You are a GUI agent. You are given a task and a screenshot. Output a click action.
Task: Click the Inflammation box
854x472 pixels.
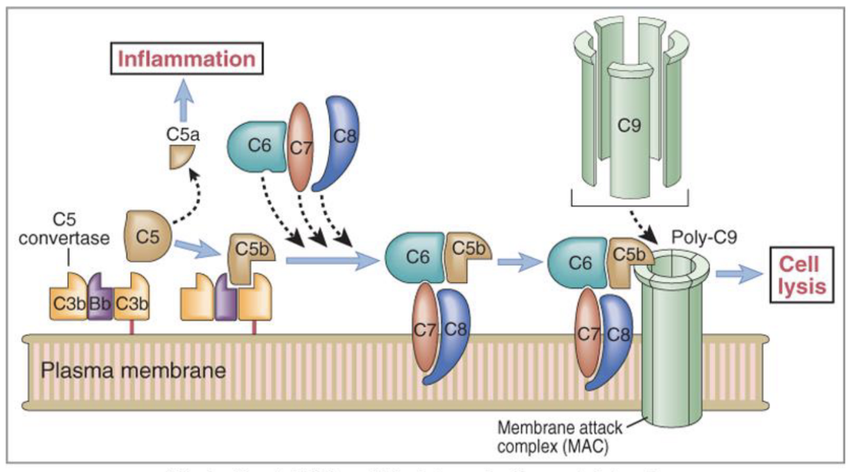pos(186,59)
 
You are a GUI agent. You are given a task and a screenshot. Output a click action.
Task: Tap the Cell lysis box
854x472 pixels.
pos(802,274)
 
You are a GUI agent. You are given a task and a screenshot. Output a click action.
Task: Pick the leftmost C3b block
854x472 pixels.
pos(68,301)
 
